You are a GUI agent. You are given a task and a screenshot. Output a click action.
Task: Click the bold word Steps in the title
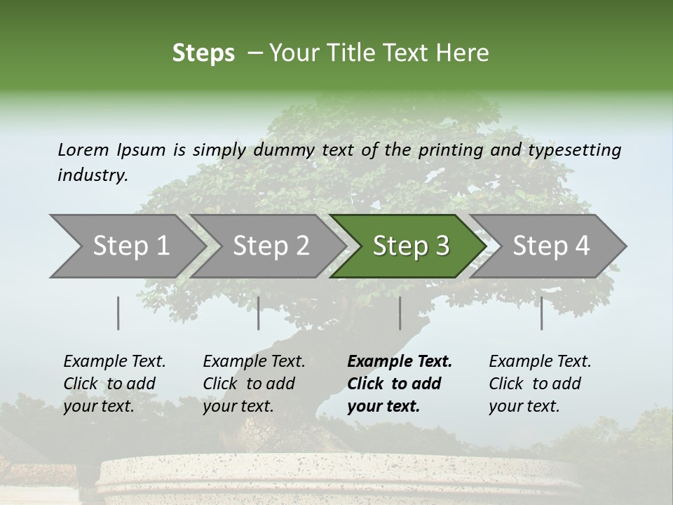tap(203, 53)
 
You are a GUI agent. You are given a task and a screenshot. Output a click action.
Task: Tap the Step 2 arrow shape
tap(271, 245)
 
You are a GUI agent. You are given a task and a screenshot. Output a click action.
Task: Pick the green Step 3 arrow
tap(411, 245)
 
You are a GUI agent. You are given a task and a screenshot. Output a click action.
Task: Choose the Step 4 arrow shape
tap(551, 245)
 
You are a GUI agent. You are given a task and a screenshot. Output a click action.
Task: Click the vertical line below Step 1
tap(118, 313)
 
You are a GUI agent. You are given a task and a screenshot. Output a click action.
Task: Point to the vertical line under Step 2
tap(259, 313)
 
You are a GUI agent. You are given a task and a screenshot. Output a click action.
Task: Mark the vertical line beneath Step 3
tap(400, 313)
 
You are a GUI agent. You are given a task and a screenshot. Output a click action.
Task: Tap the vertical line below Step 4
tap(541, 313)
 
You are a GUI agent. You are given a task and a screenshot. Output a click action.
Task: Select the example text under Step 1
tap(114, 384)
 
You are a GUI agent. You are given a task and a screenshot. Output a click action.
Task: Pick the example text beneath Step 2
tap(254, 384)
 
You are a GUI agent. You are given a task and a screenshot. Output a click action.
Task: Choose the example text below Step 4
tap(540, 384)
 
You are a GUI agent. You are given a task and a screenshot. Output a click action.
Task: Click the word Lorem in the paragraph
tap(83, 149)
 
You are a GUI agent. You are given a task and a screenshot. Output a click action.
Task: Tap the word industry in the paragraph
tap(93, 175)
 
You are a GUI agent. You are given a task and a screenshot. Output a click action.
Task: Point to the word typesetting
tap(574, 149)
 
